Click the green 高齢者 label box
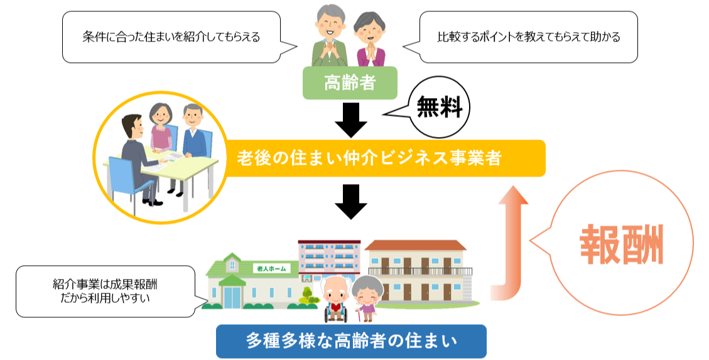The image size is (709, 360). point(350,83)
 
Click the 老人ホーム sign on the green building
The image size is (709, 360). point(271,269)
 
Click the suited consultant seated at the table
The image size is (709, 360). point(138,158)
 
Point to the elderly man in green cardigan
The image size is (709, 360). point(330,36)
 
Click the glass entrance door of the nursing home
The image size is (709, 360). point(232,297)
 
